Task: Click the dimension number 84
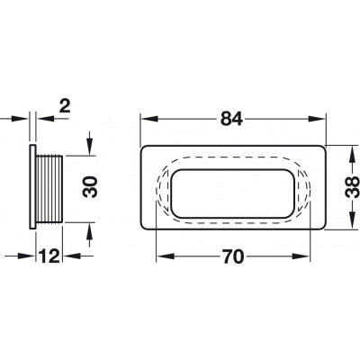[231, 119]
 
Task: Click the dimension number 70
[233, 256]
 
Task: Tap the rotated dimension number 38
[352, 187]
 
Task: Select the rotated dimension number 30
[91, 186]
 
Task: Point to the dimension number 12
[49, 256]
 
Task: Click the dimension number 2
[65, 106]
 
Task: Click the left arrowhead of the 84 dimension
[149, 119]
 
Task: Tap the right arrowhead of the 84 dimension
[317, 119]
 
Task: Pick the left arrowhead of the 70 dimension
[165, 256]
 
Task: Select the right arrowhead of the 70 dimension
[301, 256]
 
